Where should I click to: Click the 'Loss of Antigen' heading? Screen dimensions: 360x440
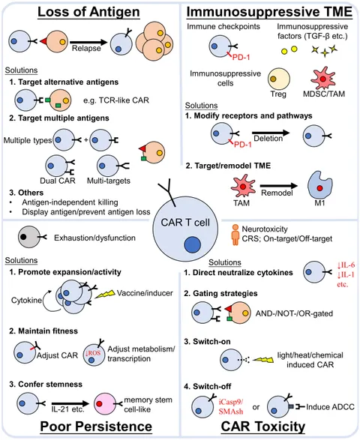88,12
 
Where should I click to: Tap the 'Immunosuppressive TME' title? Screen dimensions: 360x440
269,12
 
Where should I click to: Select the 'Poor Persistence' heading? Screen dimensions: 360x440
96,427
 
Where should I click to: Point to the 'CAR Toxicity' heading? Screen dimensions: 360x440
263,427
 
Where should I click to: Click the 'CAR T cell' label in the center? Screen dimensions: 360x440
185,223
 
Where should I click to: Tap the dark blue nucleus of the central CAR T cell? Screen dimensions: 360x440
193,244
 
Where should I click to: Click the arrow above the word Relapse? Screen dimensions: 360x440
88,43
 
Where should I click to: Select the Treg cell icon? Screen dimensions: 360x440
278,79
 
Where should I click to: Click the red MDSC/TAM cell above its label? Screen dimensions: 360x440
323,78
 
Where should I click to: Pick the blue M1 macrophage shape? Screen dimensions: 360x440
320,185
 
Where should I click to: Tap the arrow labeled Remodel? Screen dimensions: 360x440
278,186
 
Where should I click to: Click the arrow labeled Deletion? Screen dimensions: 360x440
271,133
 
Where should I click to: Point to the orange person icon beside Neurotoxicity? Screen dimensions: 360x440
235,235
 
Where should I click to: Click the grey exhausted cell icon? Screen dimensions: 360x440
29,238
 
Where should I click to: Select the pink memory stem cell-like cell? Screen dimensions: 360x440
105,403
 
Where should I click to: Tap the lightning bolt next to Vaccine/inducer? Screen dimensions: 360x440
105,294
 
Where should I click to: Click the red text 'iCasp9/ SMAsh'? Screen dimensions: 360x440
231,406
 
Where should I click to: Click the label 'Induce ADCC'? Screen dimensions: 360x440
330,406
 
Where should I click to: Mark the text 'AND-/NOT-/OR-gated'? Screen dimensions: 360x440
294,313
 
